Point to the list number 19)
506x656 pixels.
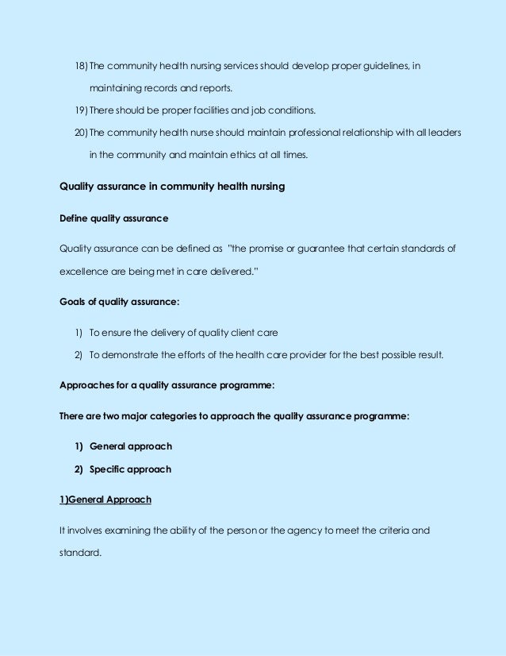(79, 109)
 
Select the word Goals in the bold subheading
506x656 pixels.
(74, 302)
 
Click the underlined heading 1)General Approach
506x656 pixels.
(105, 500)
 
